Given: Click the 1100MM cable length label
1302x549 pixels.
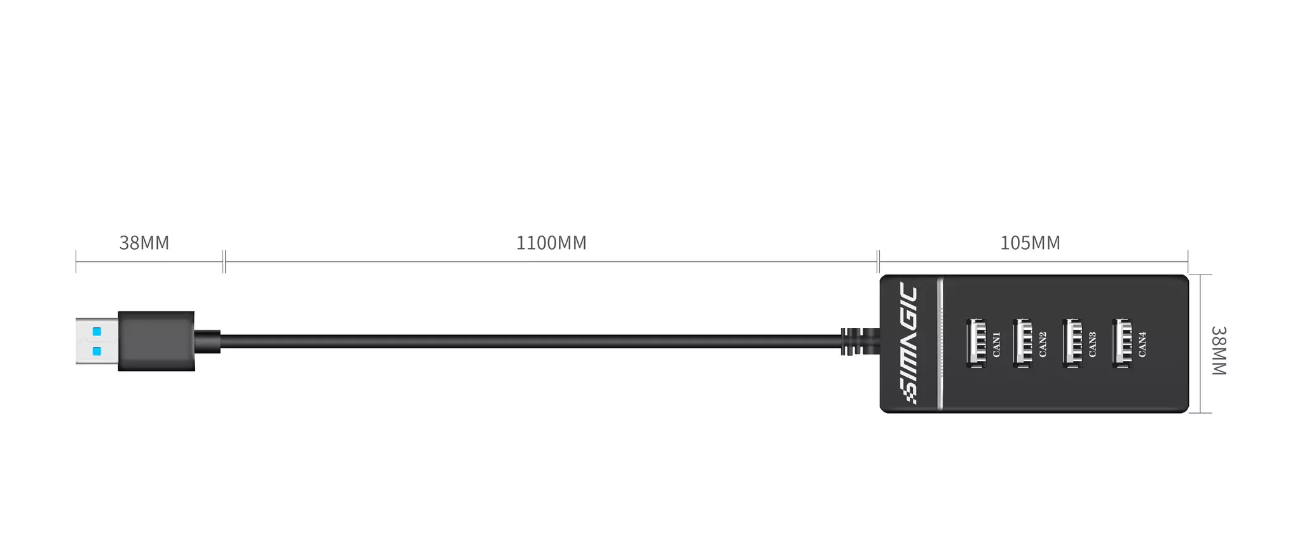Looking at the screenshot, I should [x=551, y=243].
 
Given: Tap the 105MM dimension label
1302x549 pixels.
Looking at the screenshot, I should [x=1030, y=243].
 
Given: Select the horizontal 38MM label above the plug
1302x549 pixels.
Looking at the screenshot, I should [x=144, y=243].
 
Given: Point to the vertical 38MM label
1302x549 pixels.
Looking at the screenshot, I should [x=1218, y=351].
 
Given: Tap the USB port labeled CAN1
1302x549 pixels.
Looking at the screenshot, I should [x=976, y=343].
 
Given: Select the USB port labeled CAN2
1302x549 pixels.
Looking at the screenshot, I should [x=1022, y=343].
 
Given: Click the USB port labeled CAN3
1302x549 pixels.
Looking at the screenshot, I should [x=1072, y=343].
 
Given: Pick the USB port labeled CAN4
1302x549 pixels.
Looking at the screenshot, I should [x=1121, y=343].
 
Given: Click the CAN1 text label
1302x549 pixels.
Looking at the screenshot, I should [x=996, y=344].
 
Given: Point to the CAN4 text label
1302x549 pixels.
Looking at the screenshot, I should [x=1142, y=344].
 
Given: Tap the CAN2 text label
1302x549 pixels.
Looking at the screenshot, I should [x=1043, y=344].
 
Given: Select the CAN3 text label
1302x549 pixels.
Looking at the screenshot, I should [x=1092, y=344].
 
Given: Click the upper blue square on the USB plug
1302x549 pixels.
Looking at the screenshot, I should [x=97, y=332].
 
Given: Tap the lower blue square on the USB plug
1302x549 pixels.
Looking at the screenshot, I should [x=97, y=351].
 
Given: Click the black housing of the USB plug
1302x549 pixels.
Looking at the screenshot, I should [x=156, y=341].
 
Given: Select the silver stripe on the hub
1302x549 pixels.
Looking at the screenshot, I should [x=940, y=343].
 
